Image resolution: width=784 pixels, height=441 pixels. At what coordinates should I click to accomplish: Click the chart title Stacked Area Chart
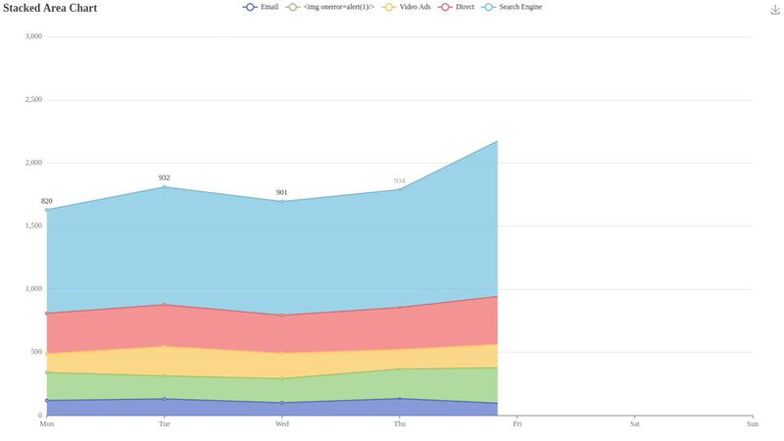[x=49, y=8]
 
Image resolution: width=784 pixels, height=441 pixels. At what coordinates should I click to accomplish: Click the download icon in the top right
[x=775, y=9]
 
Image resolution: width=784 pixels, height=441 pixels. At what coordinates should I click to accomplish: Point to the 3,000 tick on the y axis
[x=33, y=36]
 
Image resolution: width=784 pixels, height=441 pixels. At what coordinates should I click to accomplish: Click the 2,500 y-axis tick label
[x=33, y=100]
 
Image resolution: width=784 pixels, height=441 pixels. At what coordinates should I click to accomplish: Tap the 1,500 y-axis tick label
[x=33, y=225]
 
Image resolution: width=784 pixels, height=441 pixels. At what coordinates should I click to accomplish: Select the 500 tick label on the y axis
[x=35, y=352]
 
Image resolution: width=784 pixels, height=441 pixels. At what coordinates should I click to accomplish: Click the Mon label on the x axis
[x=46, y=424]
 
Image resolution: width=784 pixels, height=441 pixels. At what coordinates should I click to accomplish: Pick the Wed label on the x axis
[x=281, y=424]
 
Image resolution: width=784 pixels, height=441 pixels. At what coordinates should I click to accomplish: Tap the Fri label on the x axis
[x=516, y=424]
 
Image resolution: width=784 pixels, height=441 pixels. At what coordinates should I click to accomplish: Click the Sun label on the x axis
[x=752, y=424]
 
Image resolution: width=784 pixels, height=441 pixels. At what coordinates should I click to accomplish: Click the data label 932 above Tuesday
[x=164, y=177]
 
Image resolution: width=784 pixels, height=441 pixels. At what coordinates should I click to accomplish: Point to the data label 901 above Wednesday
[x=281, y=192]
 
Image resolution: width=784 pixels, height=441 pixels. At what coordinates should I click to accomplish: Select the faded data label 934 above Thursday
[x=399, y=180]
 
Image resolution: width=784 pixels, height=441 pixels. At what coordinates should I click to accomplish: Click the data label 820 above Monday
[x=46, y=201]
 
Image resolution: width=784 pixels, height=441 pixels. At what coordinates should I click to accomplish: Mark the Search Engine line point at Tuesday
[x=164, y=186]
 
